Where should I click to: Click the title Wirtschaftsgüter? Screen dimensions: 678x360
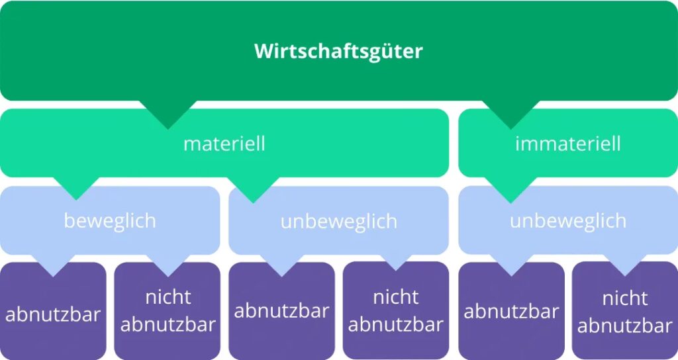pos(338,52)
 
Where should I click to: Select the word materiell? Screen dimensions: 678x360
pos(224,144)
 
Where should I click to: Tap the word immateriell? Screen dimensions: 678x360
pos(567,144)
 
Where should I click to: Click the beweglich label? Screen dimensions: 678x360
pos(110,221)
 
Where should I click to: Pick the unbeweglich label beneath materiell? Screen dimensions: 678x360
pos(338,221)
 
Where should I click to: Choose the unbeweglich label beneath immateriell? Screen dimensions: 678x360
pos(567,221)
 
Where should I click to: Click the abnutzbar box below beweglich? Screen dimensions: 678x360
pos(53,311)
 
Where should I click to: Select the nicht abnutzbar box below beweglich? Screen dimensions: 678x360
pos(168,311)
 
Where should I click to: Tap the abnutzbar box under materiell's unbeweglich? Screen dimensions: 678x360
pos(281,311)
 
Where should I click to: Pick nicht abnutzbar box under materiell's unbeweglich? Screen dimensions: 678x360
pos(396,310)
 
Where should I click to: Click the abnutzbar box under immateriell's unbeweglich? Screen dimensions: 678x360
pos(512,311)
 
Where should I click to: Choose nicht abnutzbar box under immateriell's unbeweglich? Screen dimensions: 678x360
pos(625,310)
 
